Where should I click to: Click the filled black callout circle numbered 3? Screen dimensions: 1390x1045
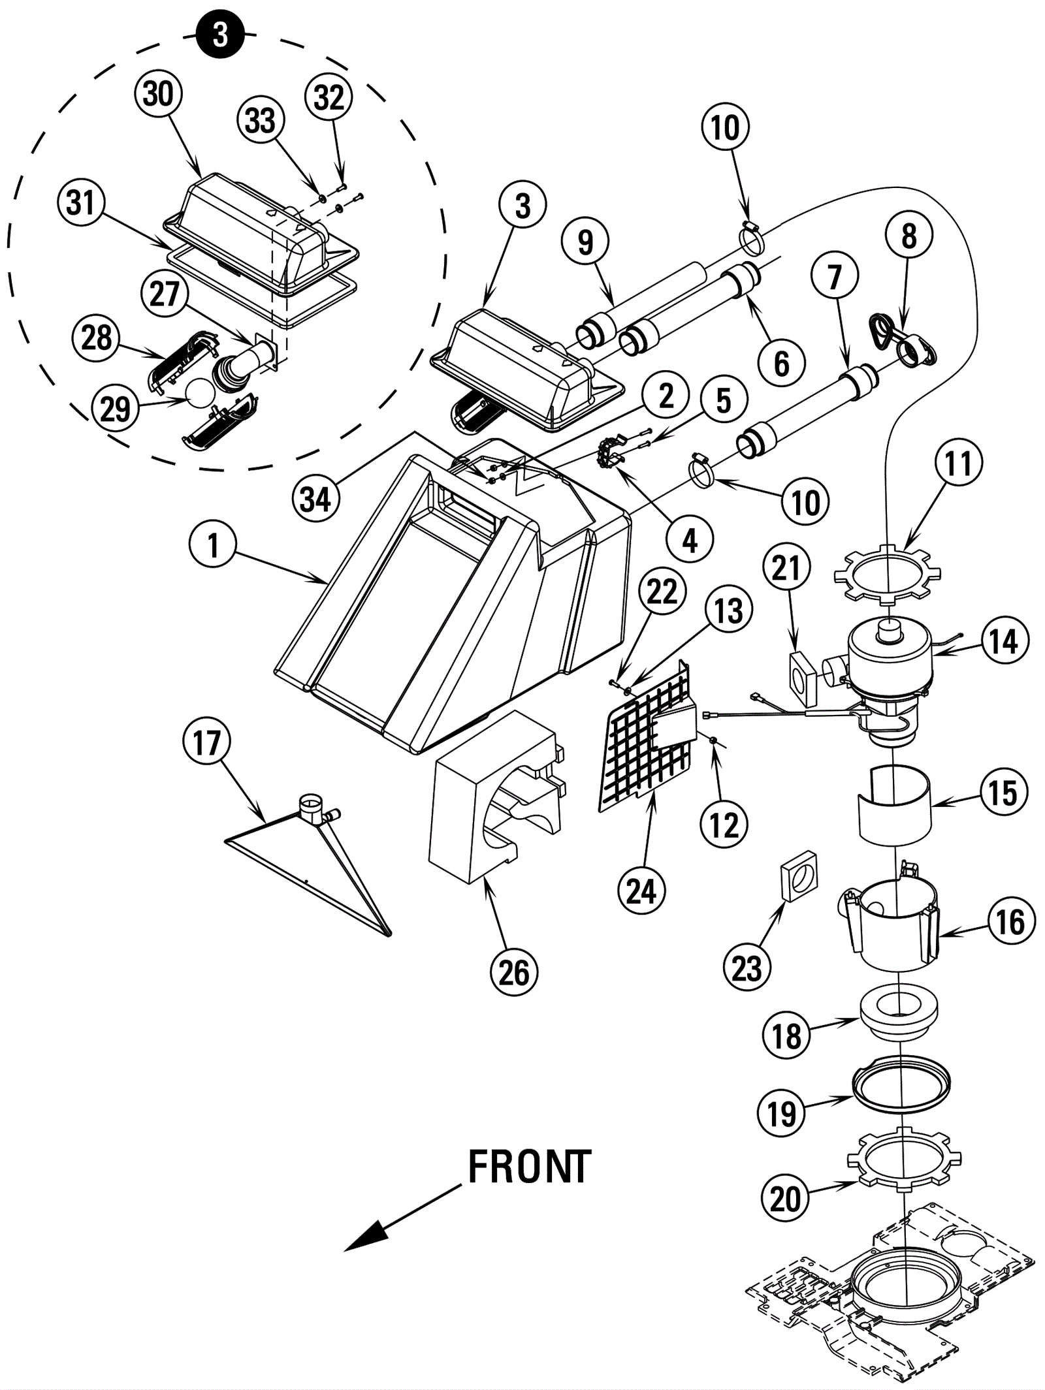(x=221, y=35)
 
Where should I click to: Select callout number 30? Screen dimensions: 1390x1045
(x=158, y=94)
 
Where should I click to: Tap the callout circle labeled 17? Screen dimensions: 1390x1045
(x=207, y=742)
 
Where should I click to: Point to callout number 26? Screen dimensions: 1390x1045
(x=514, y=973)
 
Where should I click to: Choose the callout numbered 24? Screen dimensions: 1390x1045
(x=641, y=891)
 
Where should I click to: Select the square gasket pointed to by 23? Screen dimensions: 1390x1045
(x=799, y=876)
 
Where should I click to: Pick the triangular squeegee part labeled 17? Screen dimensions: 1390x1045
(x=307, y=868)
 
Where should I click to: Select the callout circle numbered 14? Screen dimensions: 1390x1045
(x=1004, y=641)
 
